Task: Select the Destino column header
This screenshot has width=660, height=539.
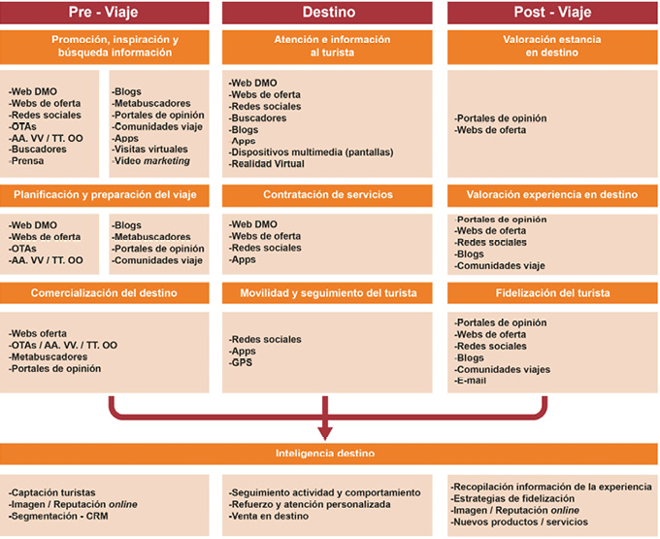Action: [x=328, y=13]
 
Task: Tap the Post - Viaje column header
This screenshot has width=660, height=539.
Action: [x=552, y=13]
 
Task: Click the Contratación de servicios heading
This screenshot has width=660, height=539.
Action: [x=328, y=194]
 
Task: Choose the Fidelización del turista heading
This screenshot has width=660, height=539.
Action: [x=552, y=292]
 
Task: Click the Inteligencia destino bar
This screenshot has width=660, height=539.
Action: [x=328, y=454]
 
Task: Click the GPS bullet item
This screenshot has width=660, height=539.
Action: [x=242, y=362]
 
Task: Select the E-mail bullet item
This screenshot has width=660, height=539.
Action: [x=471, y=381]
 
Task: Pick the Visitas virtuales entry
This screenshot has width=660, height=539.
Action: [x=149, y=150]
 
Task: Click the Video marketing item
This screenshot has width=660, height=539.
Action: [x=151, y=161]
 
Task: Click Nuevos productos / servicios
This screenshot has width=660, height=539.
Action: [x=520, y=522]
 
